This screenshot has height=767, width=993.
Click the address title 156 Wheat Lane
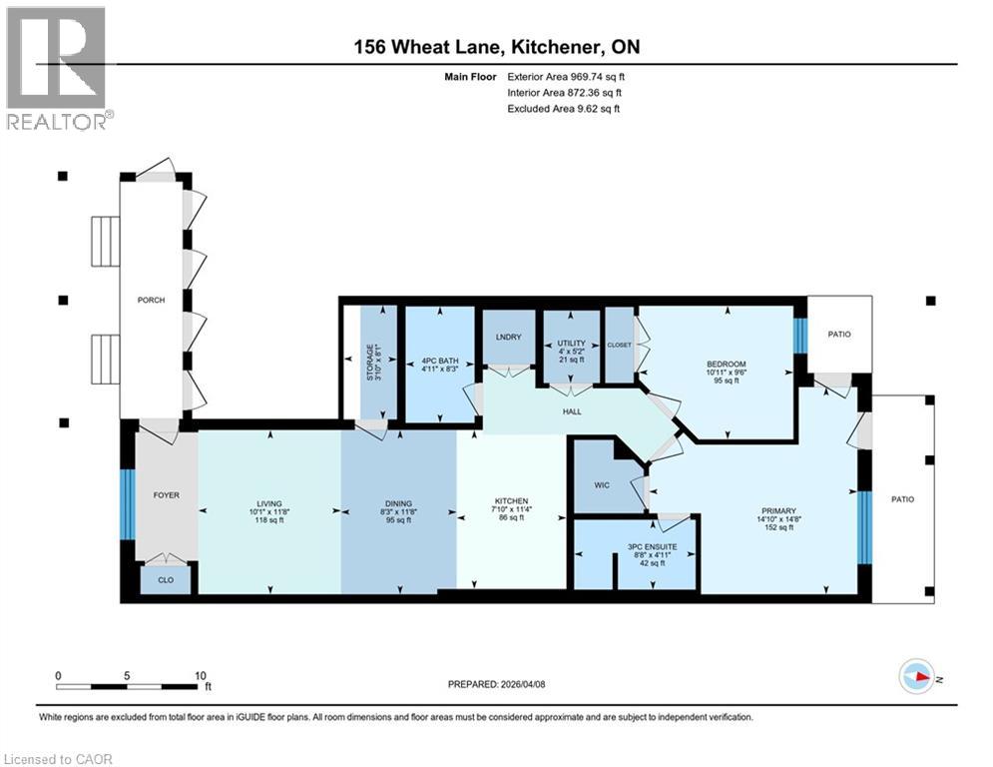coord(496,48)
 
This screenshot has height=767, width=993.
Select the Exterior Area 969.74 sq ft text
coord(566,76)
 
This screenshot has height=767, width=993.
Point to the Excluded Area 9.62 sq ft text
coord(564,108)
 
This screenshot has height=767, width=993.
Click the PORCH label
coord(151,300)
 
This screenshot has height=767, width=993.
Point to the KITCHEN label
coord(511,501)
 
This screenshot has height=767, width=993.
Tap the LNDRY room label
coord(509,337)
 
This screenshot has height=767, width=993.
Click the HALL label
coord(572,410)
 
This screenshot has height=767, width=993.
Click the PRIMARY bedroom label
coord(775,510)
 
